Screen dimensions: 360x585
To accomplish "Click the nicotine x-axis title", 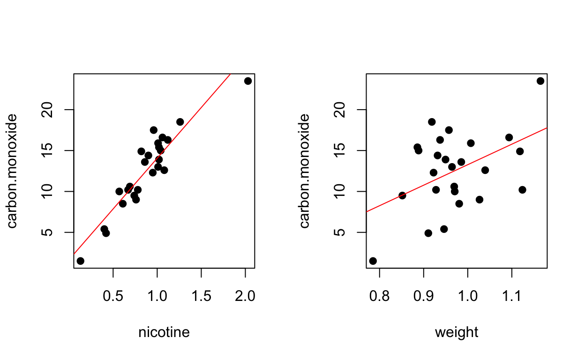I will [x=164, y=332].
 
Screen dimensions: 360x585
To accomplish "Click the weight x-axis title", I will [x=457, y=332].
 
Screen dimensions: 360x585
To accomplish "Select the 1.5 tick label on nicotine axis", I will [x=201, y=296].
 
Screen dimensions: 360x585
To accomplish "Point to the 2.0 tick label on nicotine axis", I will [x=245, y=296].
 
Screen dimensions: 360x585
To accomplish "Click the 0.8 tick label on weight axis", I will [x=379, y=296].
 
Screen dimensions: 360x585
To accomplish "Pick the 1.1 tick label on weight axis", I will [x=512, y=296].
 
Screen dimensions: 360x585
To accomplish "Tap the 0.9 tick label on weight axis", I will [x=423, y=296].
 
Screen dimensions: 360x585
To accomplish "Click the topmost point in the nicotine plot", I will [x=248, y=81].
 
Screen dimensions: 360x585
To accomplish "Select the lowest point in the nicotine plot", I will [x=80, y=261].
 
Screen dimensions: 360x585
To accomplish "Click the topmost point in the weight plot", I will [x=540, y=81].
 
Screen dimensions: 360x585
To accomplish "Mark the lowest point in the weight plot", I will [x=373, y=261].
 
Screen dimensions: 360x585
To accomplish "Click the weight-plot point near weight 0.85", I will [x=402, y=195].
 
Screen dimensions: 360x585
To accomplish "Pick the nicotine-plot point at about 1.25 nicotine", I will [x=180, y=122].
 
